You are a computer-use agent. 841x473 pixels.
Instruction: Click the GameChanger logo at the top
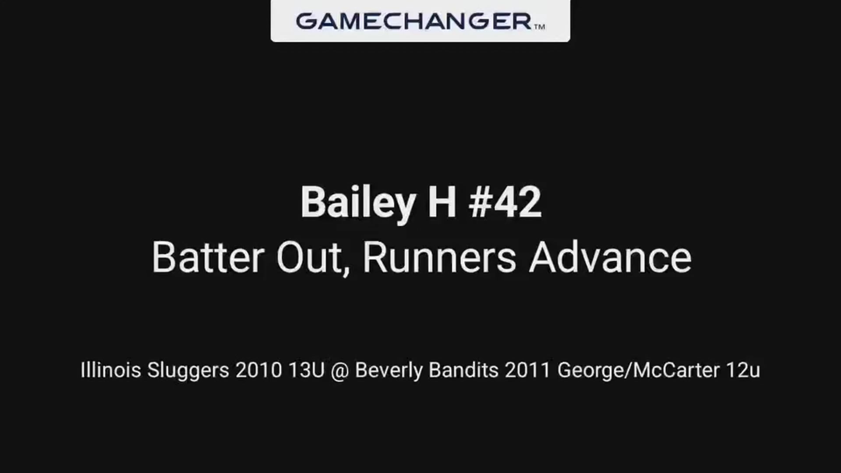420,21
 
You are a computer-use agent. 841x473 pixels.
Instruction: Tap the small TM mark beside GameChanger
540,26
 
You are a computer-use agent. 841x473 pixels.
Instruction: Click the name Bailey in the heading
358,202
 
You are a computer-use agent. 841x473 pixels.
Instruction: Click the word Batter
208,258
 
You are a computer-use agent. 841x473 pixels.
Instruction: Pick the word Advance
610,258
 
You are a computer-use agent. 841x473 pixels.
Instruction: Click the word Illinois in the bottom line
111,370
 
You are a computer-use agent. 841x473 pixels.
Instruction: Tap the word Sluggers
188,371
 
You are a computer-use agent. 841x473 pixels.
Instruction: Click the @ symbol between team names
340,371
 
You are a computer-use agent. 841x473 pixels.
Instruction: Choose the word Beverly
389,371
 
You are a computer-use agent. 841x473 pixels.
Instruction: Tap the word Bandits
463,371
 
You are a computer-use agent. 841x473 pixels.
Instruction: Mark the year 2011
527,371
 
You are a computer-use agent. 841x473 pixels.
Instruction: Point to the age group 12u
743,371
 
